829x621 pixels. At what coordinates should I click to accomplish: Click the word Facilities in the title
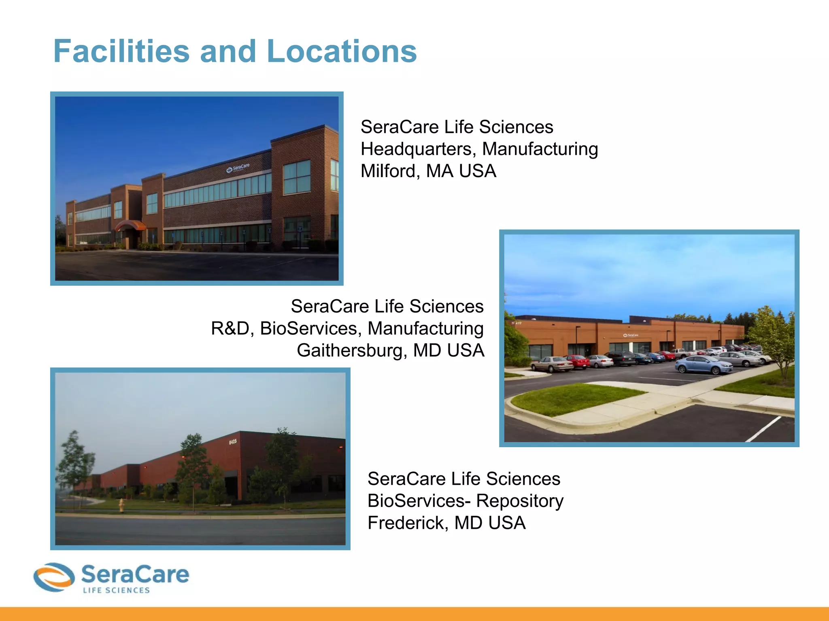click(121, 51)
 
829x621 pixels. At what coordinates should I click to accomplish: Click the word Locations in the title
click(342, 51)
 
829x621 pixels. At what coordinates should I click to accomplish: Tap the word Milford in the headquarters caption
click(388, 171)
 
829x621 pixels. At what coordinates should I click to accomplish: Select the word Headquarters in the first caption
click(417, 149)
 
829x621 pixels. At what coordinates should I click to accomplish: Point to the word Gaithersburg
click(350, 351)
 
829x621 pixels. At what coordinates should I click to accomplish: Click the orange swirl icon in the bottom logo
click(54, 577)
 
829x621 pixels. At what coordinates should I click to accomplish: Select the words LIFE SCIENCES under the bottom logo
click(116, 590)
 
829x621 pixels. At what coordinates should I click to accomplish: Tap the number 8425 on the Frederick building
click(233, 442)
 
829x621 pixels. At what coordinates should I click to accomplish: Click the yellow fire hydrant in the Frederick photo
click(121, 505)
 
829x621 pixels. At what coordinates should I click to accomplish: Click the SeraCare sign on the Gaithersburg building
click(631, 335)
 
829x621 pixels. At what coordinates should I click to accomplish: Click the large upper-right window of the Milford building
click(297, 177)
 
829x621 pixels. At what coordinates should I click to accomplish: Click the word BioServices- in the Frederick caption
click(419, 501)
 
